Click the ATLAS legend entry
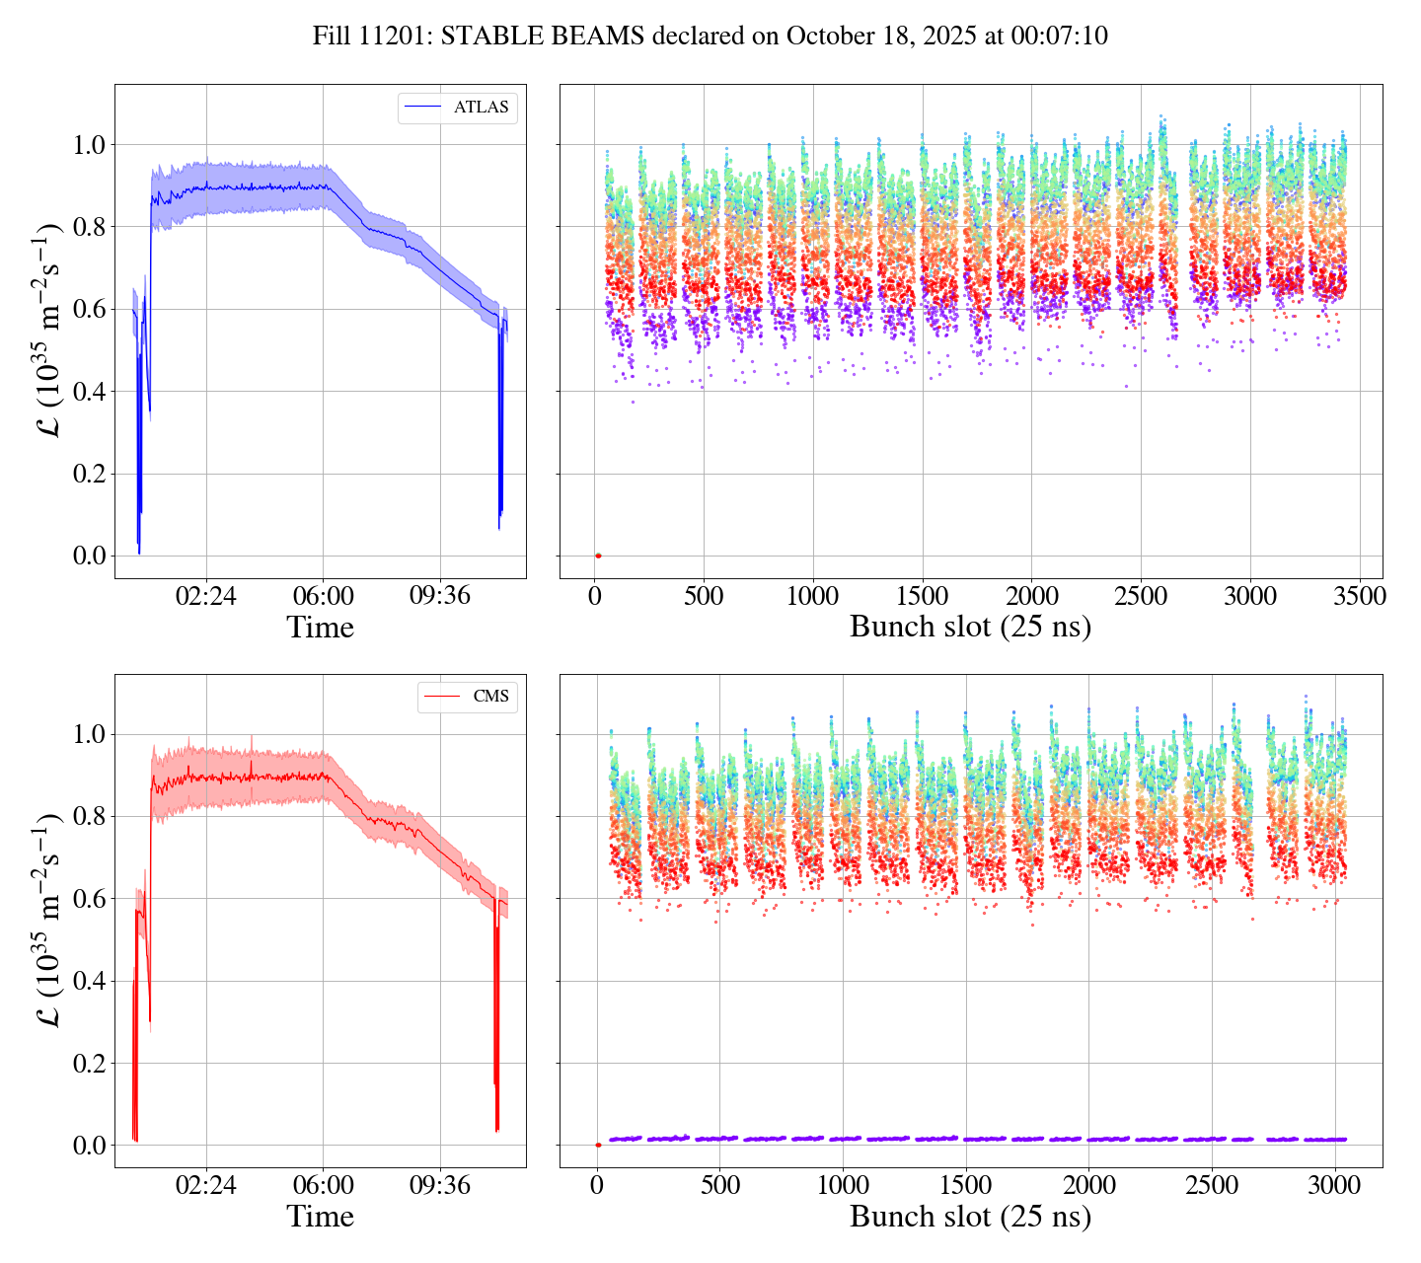click(x=481, y=108)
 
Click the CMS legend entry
click(x=490, y=697)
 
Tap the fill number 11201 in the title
click(x=399, y=37)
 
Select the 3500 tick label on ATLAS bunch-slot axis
click(x=1359, y=596)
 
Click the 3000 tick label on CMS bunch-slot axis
click(x=1335, y=1185)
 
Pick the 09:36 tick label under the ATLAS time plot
click(x=440, y=596)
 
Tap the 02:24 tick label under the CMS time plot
click(x=206, y=1185)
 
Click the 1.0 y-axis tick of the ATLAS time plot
click(x=90, y=145)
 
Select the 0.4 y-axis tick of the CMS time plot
click(x=90, y=981)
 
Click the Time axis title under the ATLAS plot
click(x=320, y=628)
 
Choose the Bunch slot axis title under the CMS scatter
click(x=970, y=1217)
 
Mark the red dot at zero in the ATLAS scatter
click(x=598, y=556)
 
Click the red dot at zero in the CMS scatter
click(x=598, y=1145)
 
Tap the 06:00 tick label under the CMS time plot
click(x=324, y=1185)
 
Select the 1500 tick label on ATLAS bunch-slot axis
click(x=923, y=596)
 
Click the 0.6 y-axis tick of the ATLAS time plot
click(x=90, y=310)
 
